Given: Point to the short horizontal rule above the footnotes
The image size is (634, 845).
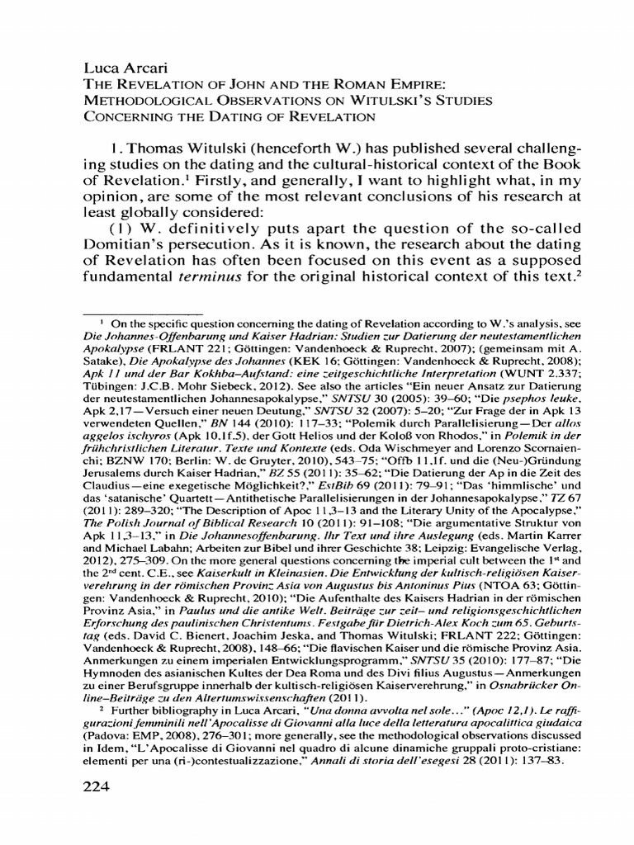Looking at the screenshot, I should (144, 314).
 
